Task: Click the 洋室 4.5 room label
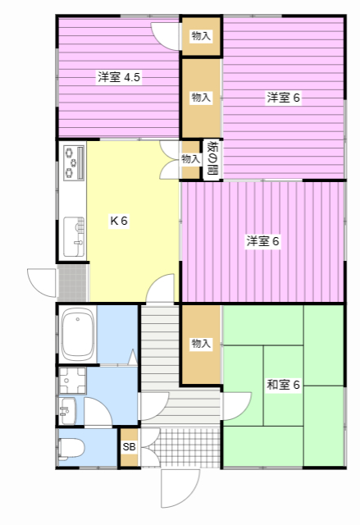coord(119,77)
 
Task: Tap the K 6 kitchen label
coord(119,221)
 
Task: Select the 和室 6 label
coord(283,385)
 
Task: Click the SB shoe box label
coord(129,446)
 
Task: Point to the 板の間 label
coord(212,158)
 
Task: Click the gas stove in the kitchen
coord(74,162)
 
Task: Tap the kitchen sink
coord(74,237)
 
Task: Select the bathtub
coord(78,334)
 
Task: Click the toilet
coord(71,449)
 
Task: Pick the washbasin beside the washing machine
coord(68,411)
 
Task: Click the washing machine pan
coord(72,381)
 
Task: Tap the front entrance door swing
coord(180,488)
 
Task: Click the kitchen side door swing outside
coord(42,282)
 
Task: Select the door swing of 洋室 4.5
coord(165,36)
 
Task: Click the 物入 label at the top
coord(201,36)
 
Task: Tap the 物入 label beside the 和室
coord(201,344)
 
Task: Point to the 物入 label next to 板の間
coord(191,158)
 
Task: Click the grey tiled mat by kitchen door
coord(72,283)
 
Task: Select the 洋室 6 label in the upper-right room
coord(284,98)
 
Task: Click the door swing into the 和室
coord(237,406)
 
